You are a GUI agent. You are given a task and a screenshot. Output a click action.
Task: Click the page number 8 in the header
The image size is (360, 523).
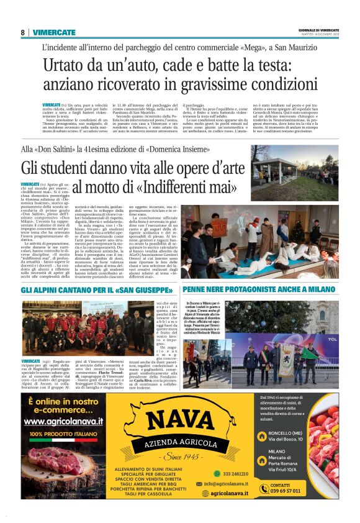[x=22, y=32]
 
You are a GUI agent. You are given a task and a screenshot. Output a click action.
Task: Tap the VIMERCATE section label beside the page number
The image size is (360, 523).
[x=54, y=32]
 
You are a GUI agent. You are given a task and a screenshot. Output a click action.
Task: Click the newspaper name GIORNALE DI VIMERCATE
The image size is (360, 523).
[x=320, y=30]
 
